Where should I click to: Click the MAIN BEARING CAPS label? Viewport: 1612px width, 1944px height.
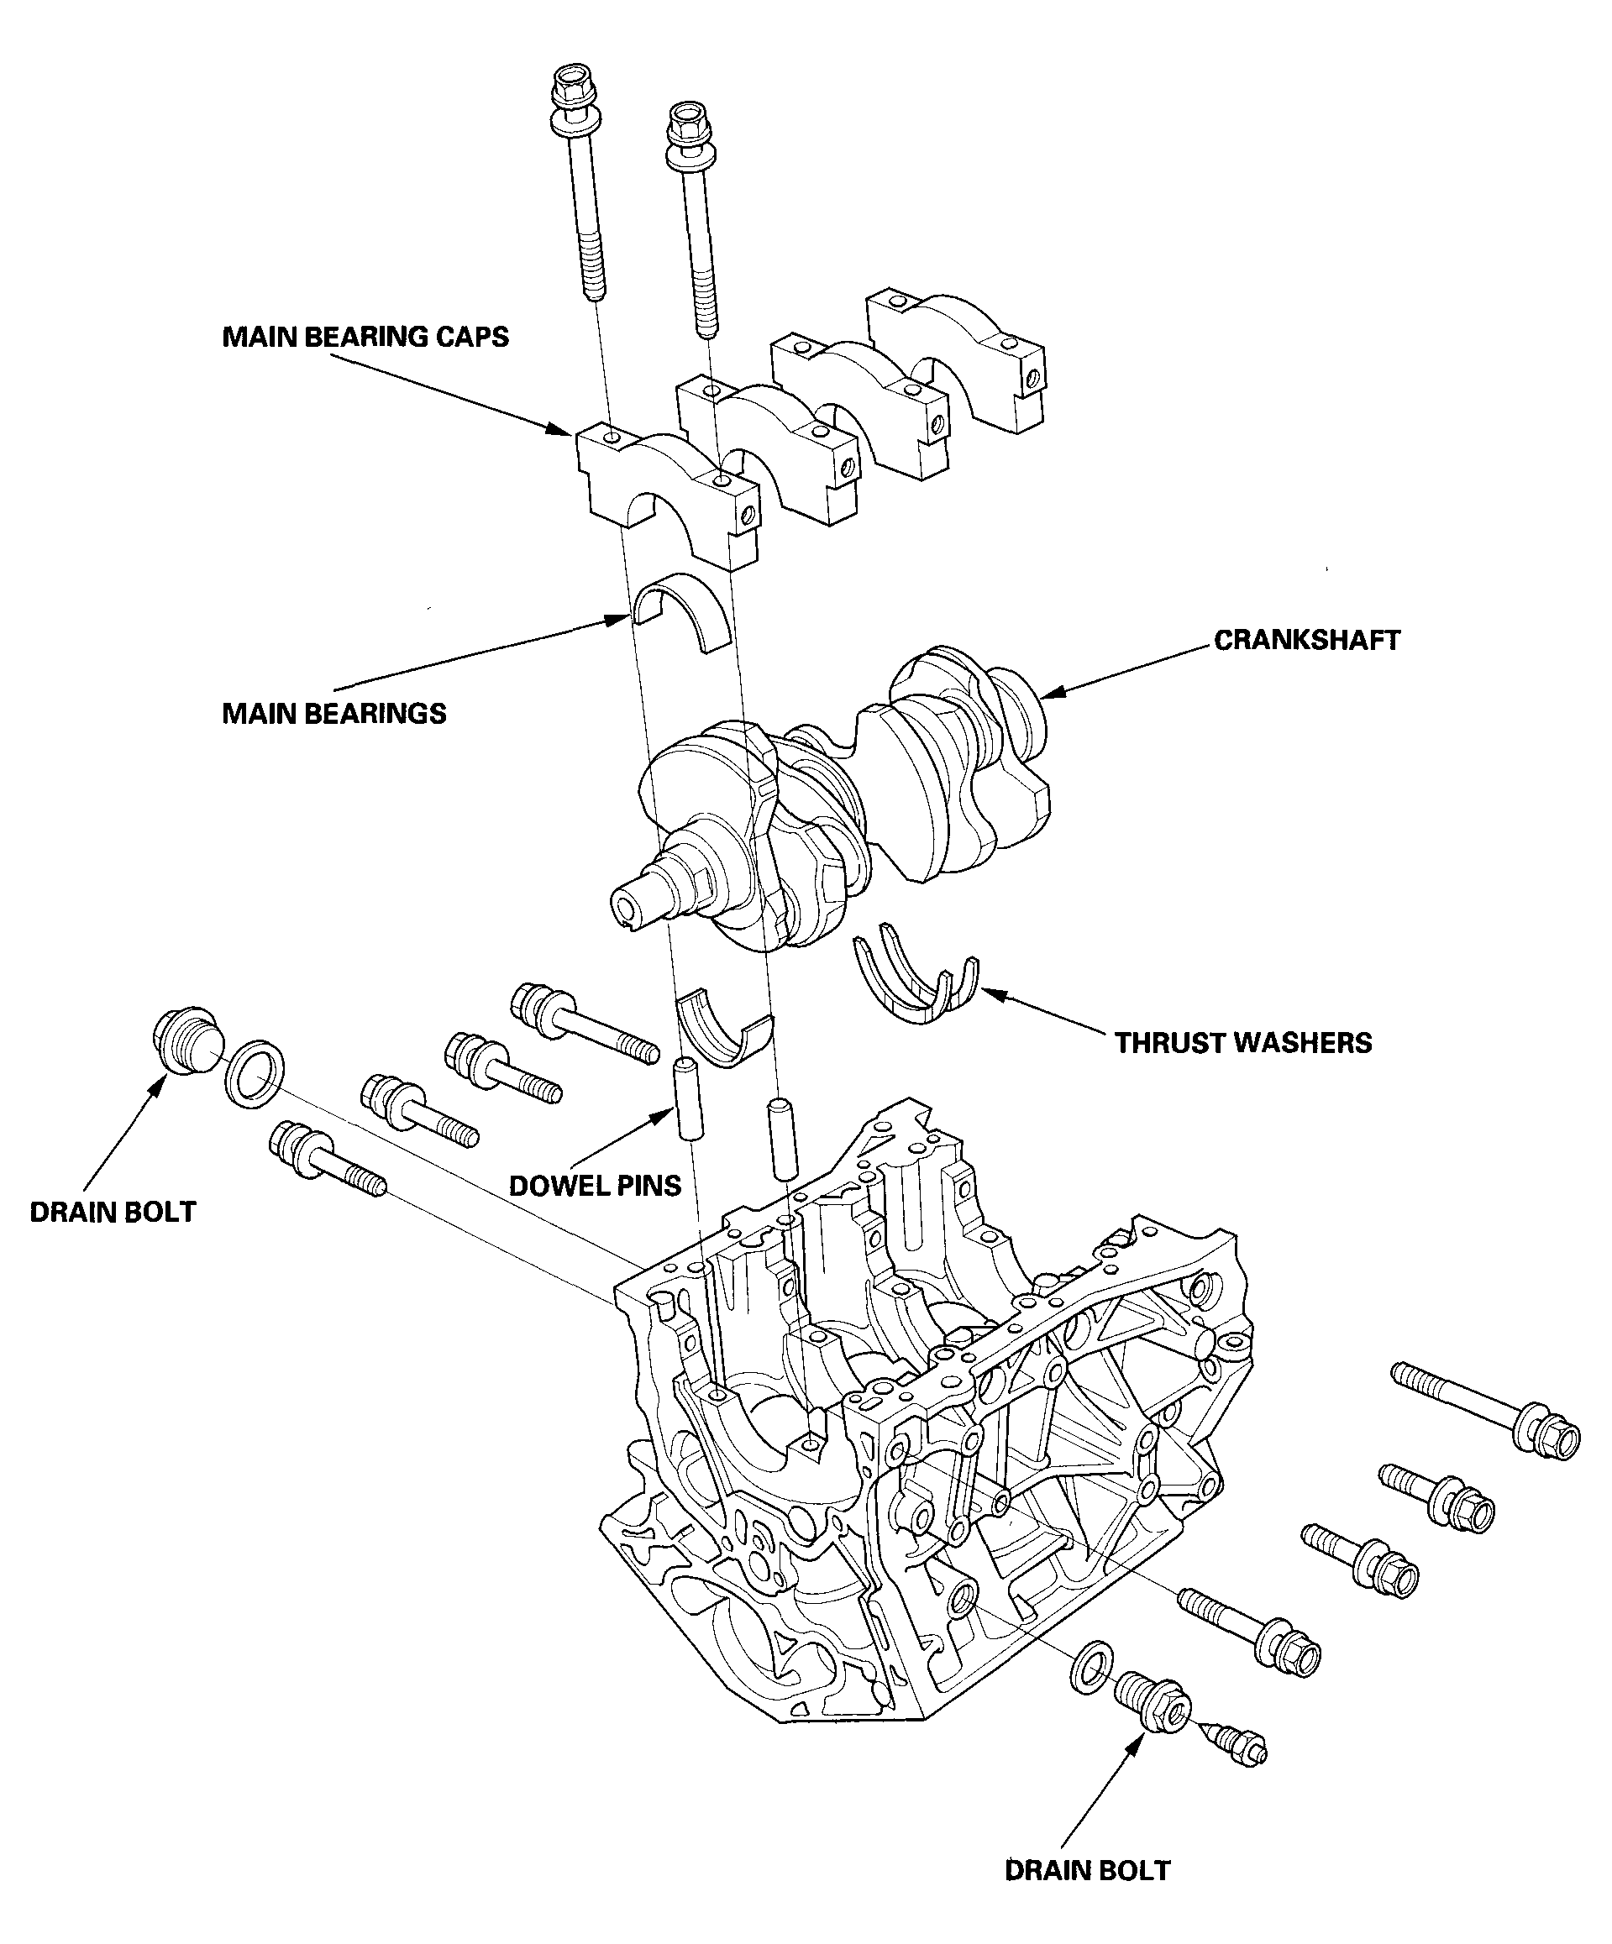[365, 337]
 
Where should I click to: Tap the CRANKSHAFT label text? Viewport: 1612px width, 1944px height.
[1306, 640]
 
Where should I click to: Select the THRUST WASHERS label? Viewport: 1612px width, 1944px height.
[1242, 1042]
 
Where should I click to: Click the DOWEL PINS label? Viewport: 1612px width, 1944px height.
[595, 1186]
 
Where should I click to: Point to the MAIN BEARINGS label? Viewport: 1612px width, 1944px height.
[333, 714]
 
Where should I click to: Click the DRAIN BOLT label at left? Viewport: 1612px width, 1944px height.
[112, 1213]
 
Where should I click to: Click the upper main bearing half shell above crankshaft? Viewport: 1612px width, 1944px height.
[682, 612]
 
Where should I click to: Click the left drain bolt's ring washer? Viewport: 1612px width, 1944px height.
[255, 1073]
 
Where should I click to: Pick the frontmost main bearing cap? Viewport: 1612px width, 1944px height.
[668, 490]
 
